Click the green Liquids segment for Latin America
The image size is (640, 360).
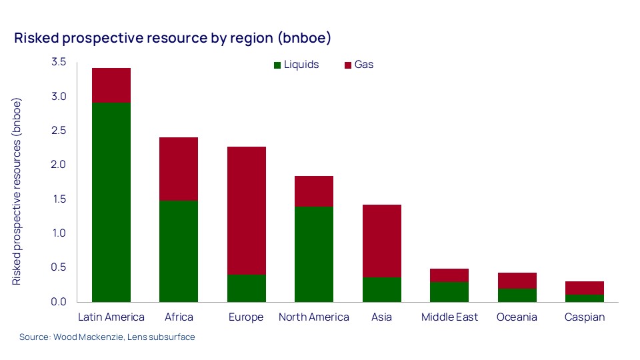coord(111,202)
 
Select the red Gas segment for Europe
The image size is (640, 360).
coord(246,211)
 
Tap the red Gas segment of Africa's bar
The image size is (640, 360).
coord(179,169)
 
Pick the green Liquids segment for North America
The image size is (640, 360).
coord(313,254)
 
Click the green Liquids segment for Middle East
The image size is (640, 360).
coord(449,292)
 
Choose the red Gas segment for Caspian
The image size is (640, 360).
coord(584,288)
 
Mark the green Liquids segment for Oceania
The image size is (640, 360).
coord(517,295)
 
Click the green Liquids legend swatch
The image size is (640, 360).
coord(277,65)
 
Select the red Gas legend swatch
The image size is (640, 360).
coord(347,65)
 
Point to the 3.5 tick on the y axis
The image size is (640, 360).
coord(59,62)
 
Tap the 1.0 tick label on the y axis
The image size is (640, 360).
coord(59,233)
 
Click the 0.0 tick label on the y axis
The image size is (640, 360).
coord(59,302)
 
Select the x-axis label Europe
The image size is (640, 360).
coord(245,317)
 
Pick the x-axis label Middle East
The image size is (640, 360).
coord(449,317)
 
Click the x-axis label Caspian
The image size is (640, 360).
coord(584,317)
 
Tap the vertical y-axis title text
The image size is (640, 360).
coord(18,192)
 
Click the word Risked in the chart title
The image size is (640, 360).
coord(35,39)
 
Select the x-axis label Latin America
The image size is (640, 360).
coord(111,317)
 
